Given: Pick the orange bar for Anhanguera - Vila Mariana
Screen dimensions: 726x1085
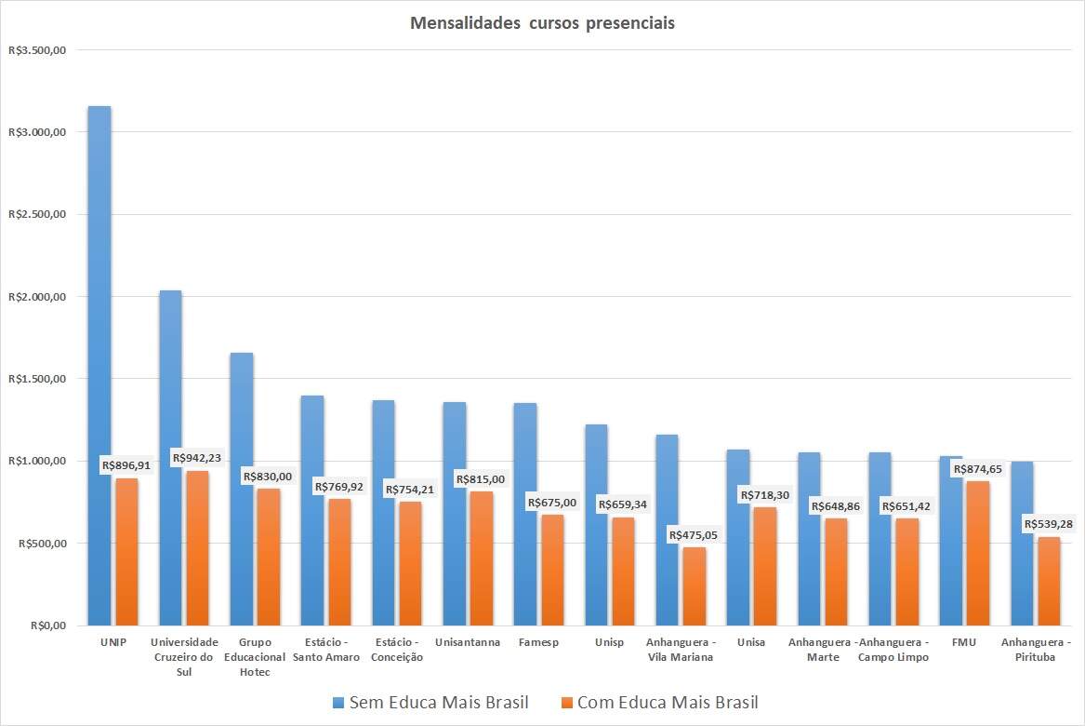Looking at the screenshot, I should click(x=694, y=586).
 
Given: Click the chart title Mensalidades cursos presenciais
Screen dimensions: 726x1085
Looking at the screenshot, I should click(x=542, y=23).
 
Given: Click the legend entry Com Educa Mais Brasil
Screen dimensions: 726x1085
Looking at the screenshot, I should click(x=659, y=703).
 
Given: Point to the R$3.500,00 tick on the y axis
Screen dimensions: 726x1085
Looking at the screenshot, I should click(x=36, y=50).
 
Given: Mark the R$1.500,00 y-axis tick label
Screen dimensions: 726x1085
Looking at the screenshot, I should click(x=36, y=379).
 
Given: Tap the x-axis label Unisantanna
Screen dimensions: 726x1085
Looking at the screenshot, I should click(x=468, y=642).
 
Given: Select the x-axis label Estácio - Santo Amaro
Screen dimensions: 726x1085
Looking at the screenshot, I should click(x=326, y=650).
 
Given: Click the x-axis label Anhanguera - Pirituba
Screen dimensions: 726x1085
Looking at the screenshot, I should click(x=1035, y=650).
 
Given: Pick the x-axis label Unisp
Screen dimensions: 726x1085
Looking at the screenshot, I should click(x=609, y=642).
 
